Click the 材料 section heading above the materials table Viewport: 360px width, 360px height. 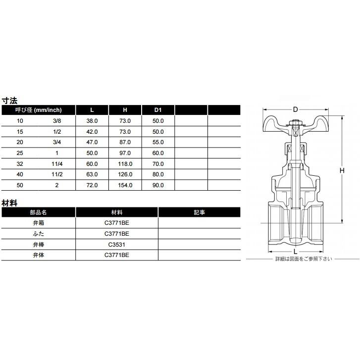[x=9, y=202]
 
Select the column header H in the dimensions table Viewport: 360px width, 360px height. [x=125, y=110]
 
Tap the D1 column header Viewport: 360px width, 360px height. [x=158, y=110]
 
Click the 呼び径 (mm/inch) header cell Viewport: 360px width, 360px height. [x=38, y=110]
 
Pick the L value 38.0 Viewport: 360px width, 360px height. [x=92, y=121]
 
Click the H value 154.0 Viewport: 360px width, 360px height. [x=125, y=185]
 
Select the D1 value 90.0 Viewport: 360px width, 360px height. [x=158, y=185]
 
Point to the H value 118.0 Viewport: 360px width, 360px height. [x=125, y=164]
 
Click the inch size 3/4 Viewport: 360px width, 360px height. [x=57, y=142]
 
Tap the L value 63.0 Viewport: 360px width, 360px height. [x=92, y=174]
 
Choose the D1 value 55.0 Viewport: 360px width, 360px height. [x=158, y=142]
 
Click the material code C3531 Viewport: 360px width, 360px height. [x=116, y=244]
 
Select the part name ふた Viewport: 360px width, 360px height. [x=38, y=233]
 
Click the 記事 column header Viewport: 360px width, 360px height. [x=199, y=212]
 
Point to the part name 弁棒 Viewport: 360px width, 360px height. [x=38, y=244]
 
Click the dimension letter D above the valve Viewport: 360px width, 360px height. [x=295, y=109]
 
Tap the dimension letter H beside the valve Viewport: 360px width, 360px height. [x=342, y=170]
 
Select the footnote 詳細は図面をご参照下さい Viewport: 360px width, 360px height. [x=304, y=259]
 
